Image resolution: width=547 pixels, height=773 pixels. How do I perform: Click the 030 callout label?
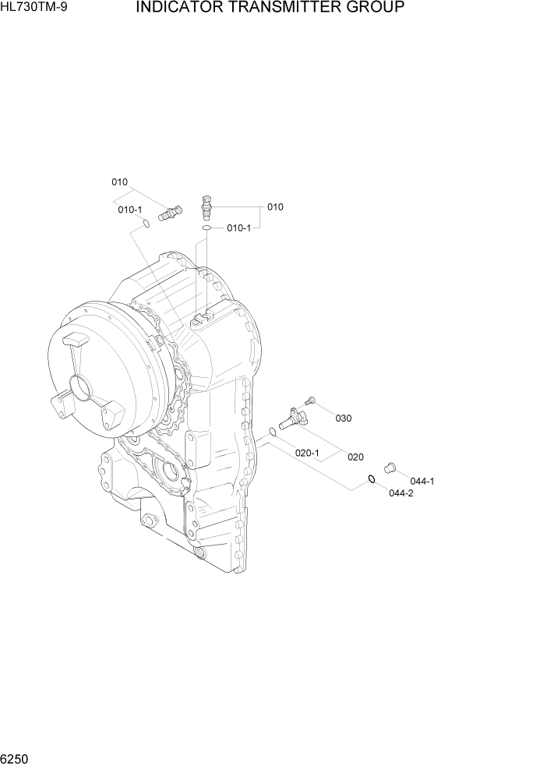click(344, 418)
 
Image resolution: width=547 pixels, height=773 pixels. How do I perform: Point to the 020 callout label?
click(356, 457)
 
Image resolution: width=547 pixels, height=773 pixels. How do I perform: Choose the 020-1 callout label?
click(307, 453)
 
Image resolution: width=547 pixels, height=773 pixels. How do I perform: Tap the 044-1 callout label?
click(422, 481)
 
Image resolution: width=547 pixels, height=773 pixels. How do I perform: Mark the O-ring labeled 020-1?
click(272, 431)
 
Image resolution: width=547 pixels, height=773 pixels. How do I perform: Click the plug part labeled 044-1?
click(390, 467)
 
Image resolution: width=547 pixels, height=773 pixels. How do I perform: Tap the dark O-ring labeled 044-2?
click(372, 479)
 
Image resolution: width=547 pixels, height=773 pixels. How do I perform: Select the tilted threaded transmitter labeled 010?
click(168, 211)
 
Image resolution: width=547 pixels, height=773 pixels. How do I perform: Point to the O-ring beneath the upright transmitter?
click(206, 228)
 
